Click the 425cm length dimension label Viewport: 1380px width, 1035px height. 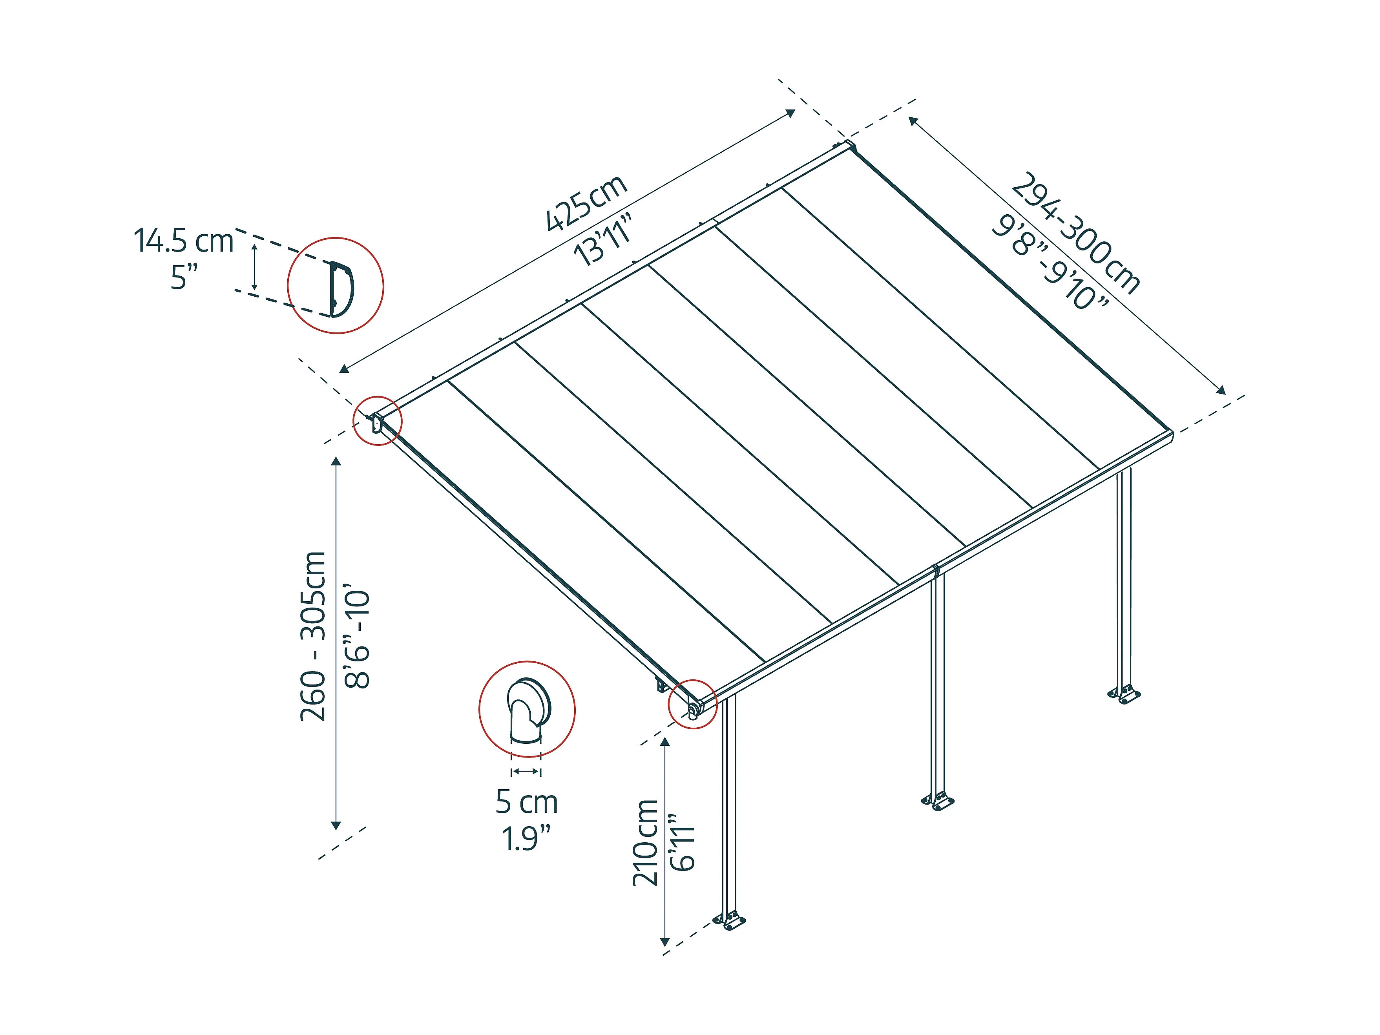(586, 203)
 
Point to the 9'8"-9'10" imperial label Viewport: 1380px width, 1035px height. (1050, 263)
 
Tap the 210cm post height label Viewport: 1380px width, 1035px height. (645, 842)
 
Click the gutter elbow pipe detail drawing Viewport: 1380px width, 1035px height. (528, 710)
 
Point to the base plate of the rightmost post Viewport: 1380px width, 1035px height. (1124, 694)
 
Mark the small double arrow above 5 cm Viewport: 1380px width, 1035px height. (526, 772)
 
